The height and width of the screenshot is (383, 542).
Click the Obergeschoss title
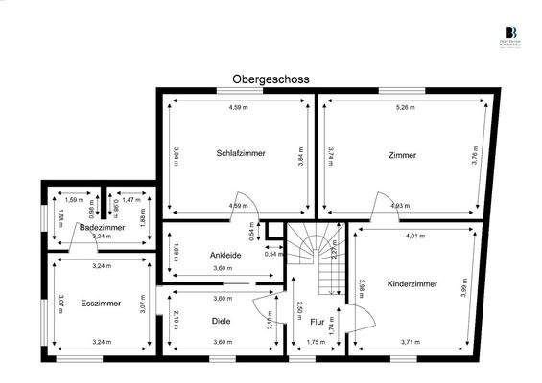click(271, 80)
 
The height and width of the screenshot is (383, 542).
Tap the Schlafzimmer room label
click(241, 153)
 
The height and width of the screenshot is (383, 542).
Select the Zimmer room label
click(403, 154)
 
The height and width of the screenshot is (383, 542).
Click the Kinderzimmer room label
click(412, 284)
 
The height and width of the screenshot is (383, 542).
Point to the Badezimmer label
click(102, 228)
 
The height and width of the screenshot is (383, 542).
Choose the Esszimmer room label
click(99, 301)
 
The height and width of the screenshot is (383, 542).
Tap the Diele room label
click(221, 322)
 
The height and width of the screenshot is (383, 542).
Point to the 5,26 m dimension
click(406, 108)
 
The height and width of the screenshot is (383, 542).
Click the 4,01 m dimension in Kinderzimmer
click(415, 236)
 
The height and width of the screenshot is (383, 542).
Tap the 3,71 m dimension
click(412, 341)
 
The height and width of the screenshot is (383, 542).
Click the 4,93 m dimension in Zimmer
click(398, 205)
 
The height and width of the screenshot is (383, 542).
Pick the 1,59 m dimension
click(73, 199)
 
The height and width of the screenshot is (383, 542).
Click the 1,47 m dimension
click(130, 199)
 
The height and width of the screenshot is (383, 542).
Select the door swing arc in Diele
click(262, 308)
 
